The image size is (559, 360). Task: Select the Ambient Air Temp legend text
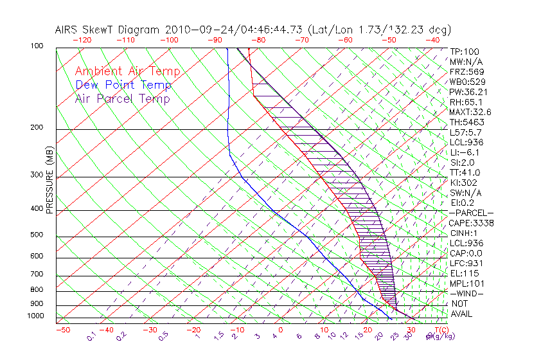coord(127,71)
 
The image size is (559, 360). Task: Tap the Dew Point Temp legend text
coord(123,85)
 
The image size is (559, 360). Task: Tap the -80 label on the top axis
coord(258,40)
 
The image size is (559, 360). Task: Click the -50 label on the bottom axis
coord(62,330)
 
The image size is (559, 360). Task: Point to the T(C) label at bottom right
coord(437,330)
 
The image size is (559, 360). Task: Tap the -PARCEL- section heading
coord(471,213)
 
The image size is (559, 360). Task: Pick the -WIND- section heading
coord(466,293)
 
